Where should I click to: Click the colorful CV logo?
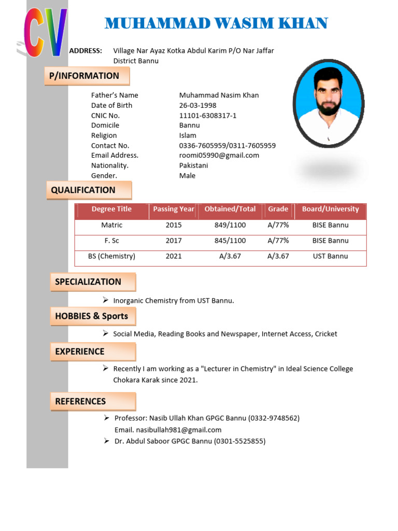46,33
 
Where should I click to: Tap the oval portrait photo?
329,104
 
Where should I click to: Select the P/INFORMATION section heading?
84,76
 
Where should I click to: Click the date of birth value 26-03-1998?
198,105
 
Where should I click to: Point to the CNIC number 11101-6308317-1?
208,115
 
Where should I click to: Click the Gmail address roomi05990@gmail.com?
219,155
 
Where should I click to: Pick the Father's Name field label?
115,95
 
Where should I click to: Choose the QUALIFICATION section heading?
83,190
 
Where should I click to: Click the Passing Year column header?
174,209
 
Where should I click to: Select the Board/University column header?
330,209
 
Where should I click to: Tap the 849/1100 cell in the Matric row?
230,225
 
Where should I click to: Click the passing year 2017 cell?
174,241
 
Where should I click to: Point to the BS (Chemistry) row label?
111,256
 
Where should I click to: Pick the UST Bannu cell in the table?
330,256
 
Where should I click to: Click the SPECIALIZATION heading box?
89,282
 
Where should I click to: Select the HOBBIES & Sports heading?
92,316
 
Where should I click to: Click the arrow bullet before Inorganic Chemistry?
105,300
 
